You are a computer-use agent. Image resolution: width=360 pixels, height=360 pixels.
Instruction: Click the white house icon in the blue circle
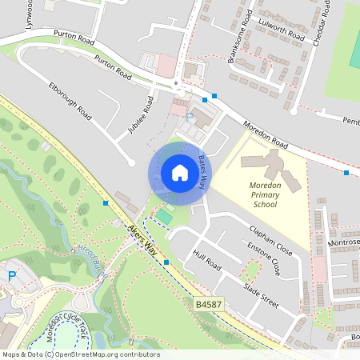[x=180, y=173]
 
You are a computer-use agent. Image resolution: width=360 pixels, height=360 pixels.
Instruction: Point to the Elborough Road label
[x=70, y=101]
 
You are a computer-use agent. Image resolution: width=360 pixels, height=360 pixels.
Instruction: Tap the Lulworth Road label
[x=279, y=30]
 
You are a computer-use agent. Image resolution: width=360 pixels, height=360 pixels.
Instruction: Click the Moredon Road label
[x=266, y=133]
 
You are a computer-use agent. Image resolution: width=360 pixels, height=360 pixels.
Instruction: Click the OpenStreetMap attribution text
[x=80, y=354]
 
